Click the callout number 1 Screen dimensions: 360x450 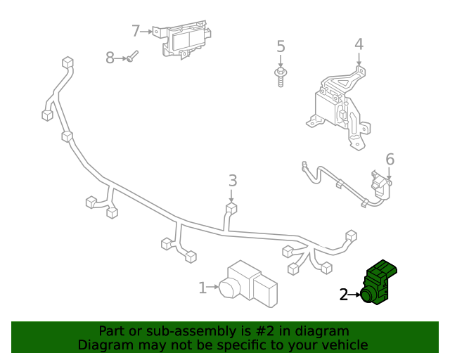[x=202, y=287]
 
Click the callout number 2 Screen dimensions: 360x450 [x=344, y=295]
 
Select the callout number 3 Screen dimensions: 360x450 [x=233, y=181]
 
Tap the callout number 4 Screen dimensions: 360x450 [x=359, y=44]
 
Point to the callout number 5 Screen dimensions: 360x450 [x=281, y=47]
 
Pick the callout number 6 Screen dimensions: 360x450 [x=390, y=160]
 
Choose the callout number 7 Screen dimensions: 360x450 [x=136, y=31]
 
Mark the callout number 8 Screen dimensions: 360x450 [x=110, y=58]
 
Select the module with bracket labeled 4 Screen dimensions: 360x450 [x=339, y=104]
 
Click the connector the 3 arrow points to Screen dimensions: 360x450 [x=231, y=208]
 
